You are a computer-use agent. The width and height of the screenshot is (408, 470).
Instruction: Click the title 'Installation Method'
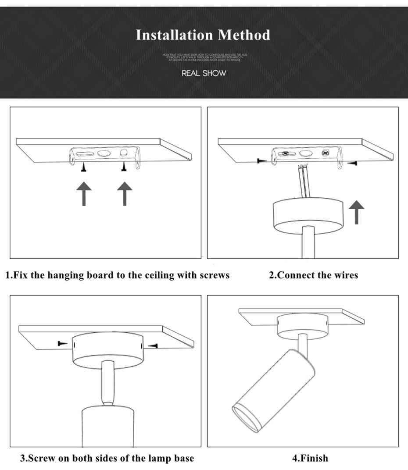coord(203,35)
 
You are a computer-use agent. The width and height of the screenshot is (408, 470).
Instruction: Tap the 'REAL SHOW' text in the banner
coord(204,73)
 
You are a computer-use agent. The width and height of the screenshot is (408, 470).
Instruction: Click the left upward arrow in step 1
coord(84,194)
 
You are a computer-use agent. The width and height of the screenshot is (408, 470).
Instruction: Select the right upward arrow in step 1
coord(125,194)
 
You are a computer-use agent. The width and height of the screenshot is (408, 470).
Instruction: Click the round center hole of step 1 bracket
coord(104,154)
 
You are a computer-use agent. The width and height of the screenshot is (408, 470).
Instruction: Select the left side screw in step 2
coord(262,161)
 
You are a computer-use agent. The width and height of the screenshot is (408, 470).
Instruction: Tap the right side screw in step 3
coord(153,346)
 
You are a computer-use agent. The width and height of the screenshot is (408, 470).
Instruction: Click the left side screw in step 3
coord(63,343)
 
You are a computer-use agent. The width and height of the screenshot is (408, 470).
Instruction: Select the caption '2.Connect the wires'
coord(313,275)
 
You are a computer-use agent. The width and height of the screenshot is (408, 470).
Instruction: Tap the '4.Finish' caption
coord(310,458)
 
